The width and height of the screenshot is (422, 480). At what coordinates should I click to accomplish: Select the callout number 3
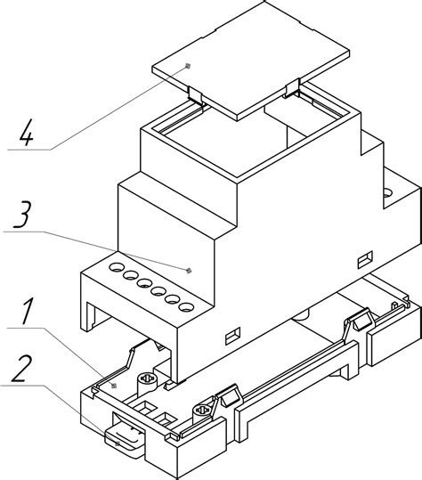(22, 215)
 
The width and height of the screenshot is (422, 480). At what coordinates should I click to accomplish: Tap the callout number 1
(27, 312)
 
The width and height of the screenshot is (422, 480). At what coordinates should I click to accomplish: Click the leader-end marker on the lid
(188, 66)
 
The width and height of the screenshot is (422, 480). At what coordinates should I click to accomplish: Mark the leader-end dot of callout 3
(189, 270)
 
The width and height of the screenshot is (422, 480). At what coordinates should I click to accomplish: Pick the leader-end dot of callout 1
(114, 386)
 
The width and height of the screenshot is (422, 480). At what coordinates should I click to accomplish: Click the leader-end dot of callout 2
(118, 443)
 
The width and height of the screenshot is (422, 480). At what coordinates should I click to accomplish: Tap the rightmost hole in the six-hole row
(186, 307)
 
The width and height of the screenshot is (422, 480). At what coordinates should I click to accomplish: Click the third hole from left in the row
(144, 283)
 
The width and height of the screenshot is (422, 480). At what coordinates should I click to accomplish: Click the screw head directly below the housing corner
(149, 378)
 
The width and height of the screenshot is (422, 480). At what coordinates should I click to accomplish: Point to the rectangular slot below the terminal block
(233, 336)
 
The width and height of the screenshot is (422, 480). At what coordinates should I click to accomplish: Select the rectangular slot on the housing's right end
(365, 260)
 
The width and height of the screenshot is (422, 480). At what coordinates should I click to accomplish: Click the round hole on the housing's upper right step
(388, 193)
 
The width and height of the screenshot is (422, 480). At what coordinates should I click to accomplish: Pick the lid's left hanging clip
(195, 95)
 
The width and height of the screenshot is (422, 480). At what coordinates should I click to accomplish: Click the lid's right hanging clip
(292, 89)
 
